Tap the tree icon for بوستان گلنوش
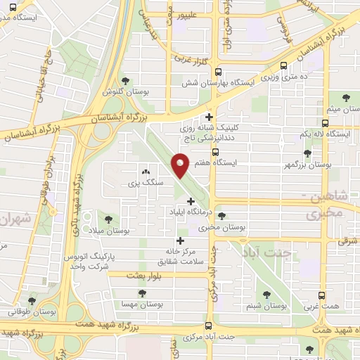tap(125, 81)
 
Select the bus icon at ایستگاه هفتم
tap(215, 151)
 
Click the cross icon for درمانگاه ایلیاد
tap(190, 201)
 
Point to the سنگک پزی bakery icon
tap(146, 172)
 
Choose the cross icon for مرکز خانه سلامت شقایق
tap(180, 240)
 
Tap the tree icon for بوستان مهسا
tap(143, 294)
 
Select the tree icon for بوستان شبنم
tap(266, 295)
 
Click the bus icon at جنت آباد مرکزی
tap(208, 325)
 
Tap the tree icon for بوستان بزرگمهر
tap(307, 153)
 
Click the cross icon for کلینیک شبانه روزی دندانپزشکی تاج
tap(209, 117)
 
